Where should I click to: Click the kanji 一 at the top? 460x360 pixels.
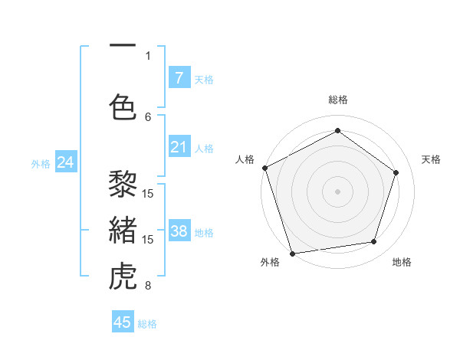pyautogui.click(x=123, y=45)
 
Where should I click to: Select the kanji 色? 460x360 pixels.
pyautogui.click(x=123, y=107)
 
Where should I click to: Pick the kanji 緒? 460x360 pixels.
pyautogui.click(x=123, y=230)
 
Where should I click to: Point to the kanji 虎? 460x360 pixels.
pyautogui.click(x=123, y=277)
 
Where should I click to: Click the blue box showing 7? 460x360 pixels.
pyautogui.click(x=179, y=78)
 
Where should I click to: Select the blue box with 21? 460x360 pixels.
pyautogui.click(x=179, y=147)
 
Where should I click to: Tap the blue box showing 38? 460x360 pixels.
pyautogui.click(x=179, y=231)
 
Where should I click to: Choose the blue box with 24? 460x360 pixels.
pyautogui.click(x=66, y=162)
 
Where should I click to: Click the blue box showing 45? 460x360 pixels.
pyautogui.click(x=123, y=322)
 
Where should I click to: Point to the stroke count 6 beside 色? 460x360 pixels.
pyautogui.click(x=148, y=116)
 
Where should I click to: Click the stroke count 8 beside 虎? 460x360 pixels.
pyautogui.click(x=148, y=286)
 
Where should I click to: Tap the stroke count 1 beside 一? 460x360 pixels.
pyautogui.click(x=148, y=55)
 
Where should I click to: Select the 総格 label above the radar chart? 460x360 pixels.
pyautogui.click(x=337, y=100)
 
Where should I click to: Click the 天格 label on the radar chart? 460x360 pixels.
pyautogui.click(x=431, y=159)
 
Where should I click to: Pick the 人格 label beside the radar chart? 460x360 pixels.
pyautogui.click(x=245, y=159)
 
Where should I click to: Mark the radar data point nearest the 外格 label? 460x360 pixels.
pyautogui.click(x=291, y=253)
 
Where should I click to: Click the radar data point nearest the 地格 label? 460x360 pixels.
pyautogui.click(x=374, y=242)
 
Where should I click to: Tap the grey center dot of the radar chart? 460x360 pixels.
pyautogui.click(x=337, y=191)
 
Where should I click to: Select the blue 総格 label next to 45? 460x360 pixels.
pyautogui.click(x=147, y=324)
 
